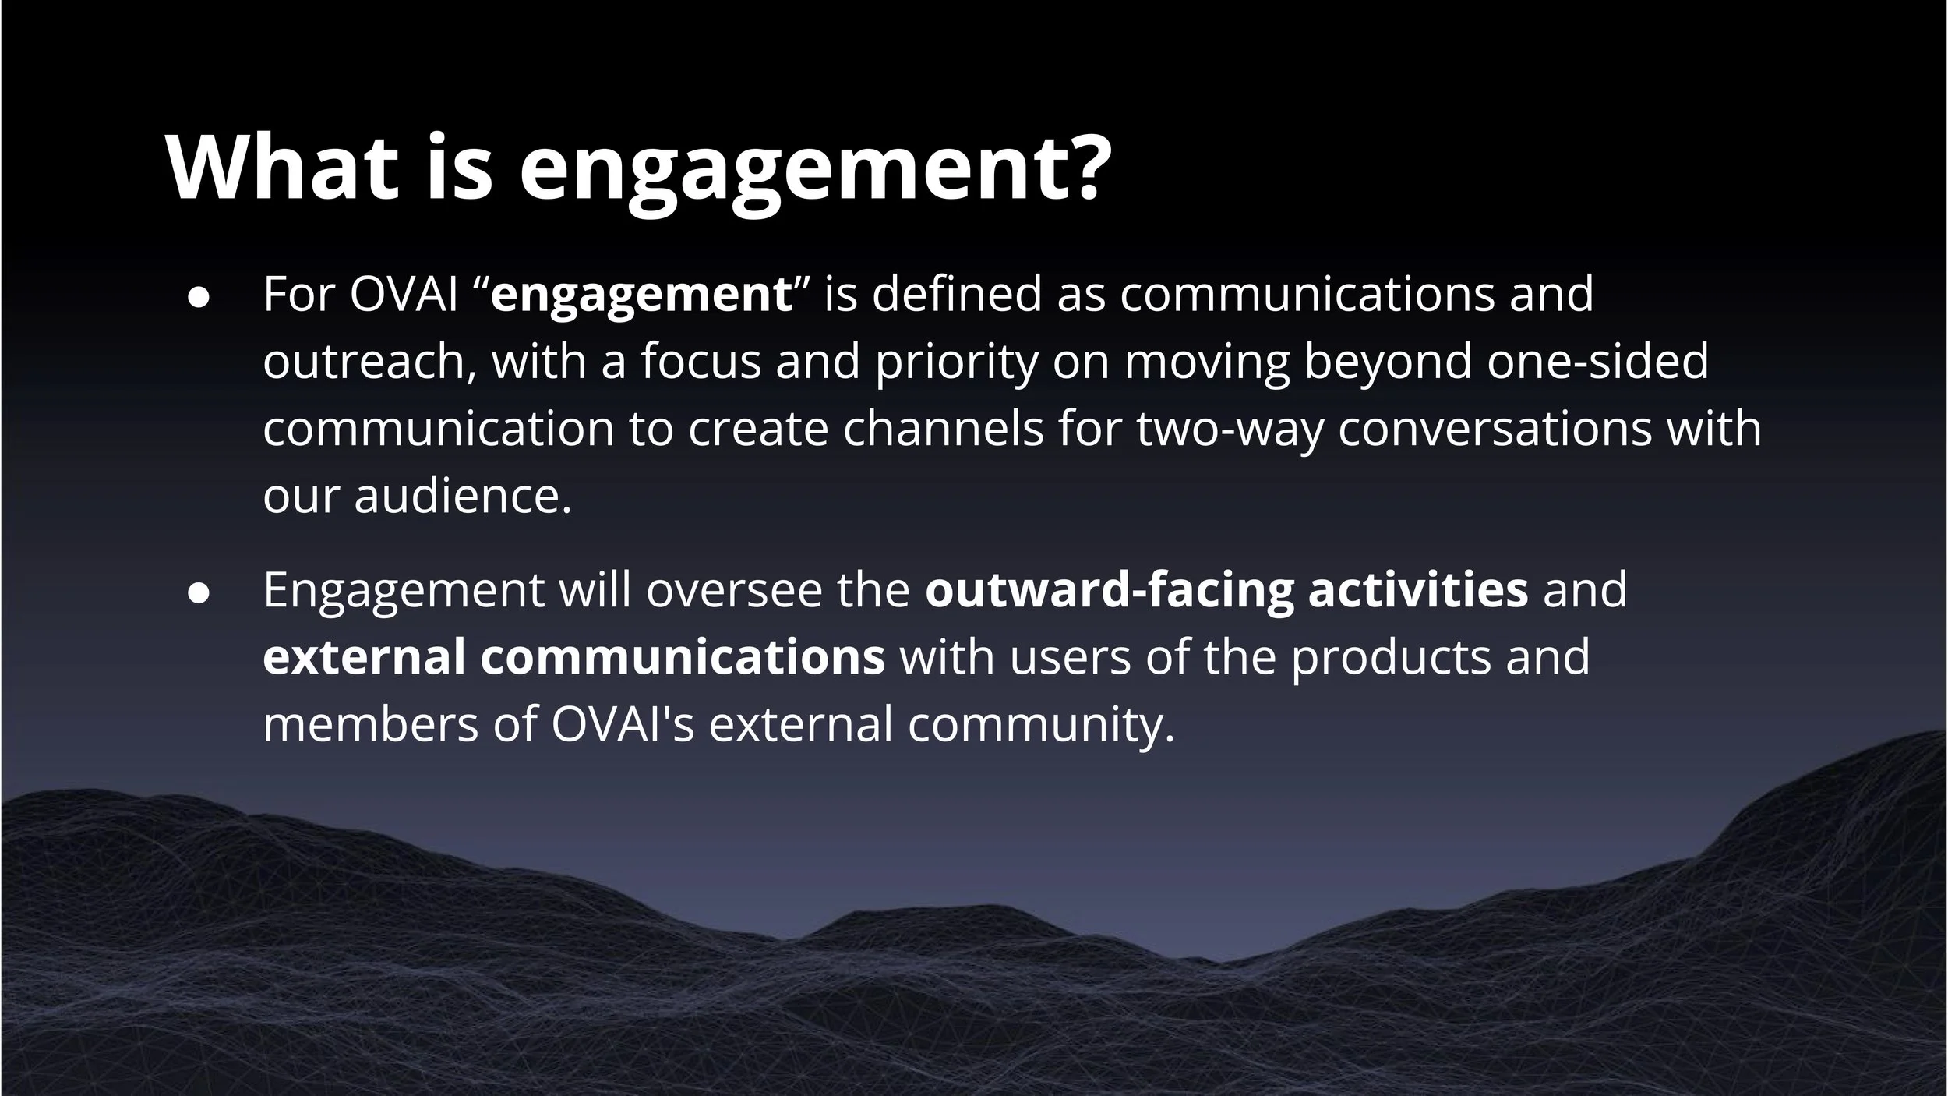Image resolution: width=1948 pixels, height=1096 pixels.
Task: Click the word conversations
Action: pos(1495,429)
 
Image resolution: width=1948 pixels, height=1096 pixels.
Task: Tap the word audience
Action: pos(463,496)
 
